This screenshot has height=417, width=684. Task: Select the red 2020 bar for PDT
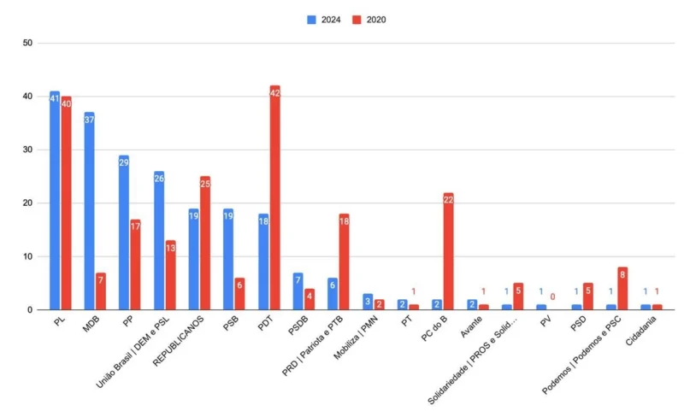click(x=274, y=197)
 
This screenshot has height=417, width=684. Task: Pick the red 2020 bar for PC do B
click(x=448, y=251)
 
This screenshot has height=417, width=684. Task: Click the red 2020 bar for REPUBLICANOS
click(x=205, y=243)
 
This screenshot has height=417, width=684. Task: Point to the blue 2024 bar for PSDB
click(x=298, y=291)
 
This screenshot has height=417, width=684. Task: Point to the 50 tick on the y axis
click(x=28, y=43)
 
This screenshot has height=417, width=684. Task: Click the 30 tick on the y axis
click(x=28, y=150)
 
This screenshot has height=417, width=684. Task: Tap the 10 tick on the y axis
click(x=28, y=256)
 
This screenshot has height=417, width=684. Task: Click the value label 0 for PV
click(x=552, y=297)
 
